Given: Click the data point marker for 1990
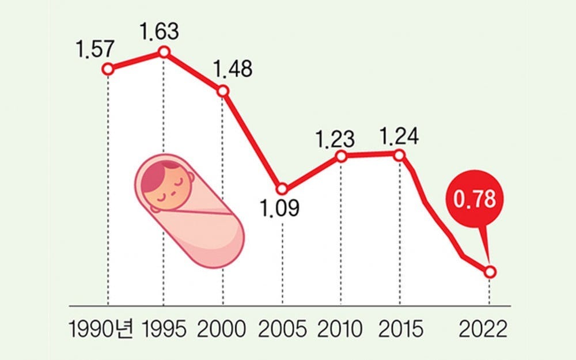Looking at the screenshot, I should (x=108, y=69).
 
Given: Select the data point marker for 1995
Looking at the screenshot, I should (x=164, y=52).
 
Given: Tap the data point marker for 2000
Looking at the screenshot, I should (x=223, y=92).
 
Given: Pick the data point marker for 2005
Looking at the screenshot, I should (x=282, y=189).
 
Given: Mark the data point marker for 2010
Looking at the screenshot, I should (x=341, y=156).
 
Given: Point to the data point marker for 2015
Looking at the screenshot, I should (x=400, y=154).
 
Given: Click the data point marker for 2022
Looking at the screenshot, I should (x=490, y=272).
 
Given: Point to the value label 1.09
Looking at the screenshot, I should (x=281, y=208).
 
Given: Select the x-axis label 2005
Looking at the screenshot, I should (x=281, y=330).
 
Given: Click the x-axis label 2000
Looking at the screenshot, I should (x=222, y=330).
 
